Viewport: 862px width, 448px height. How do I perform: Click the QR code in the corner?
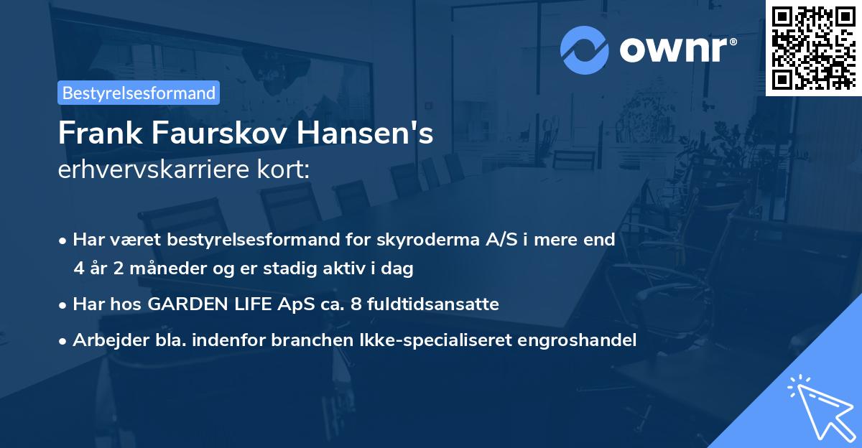tap(813, 47)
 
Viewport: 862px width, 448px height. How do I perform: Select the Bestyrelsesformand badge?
tap(139, 93)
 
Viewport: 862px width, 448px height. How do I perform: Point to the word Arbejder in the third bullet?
tap(106, 340)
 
